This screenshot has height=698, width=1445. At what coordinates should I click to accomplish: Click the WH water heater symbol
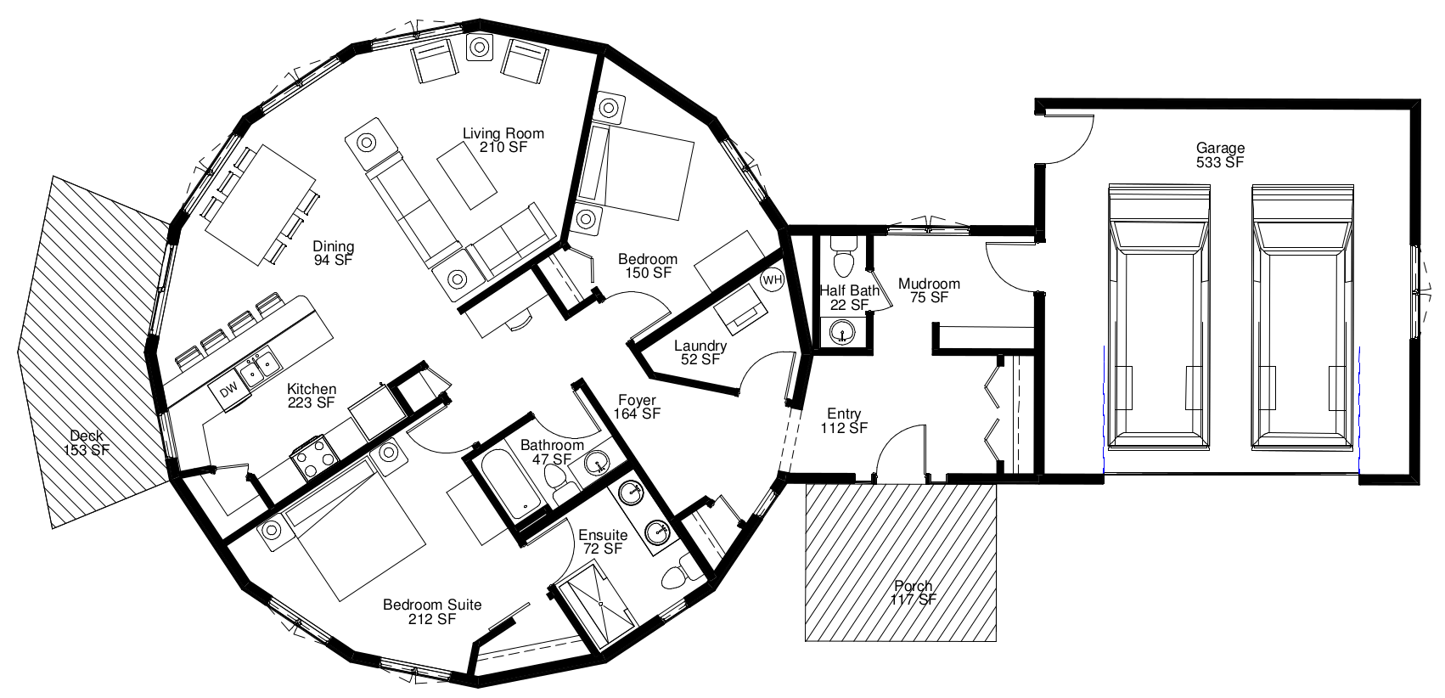coord(772,280)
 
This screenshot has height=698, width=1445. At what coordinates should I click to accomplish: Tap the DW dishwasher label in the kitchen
coord(229,391)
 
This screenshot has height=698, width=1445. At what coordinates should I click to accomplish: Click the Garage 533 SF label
coord(1220,155)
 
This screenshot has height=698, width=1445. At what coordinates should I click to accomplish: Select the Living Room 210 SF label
coord(503,140)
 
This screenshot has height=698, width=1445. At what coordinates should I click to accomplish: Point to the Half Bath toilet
coord(843,256)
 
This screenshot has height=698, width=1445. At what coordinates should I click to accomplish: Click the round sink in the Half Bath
coord(842,333)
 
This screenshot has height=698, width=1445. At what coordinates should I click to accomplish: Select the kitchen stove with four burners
coord(314,458)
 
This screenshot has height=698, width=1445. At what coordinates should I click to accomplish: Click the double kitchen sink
coord(257,368)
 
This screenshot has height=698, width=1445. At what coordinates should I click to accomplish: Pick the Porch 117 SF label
coord(913,593)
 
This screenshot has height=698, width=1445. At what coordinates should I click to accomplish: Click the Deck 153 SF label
coord(87,443)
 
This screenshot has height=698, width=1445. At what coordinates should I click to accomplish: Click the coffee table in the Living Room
coord(467,174)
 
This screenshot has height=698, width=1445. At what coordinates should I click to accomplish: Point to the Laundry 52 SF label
coord(700,352)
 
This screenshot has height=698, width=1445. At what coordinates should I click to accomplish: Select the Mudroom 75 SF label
coord(929,290)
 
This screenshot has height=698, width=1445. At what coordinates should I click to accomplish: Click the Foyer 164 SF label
coord(637,407)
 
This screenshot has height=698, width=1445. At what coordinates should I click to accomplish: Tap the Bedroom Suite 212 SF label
coord(432,611)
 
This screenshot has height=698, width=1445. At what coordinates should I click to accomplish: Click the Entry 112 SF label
coord(844,420)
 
